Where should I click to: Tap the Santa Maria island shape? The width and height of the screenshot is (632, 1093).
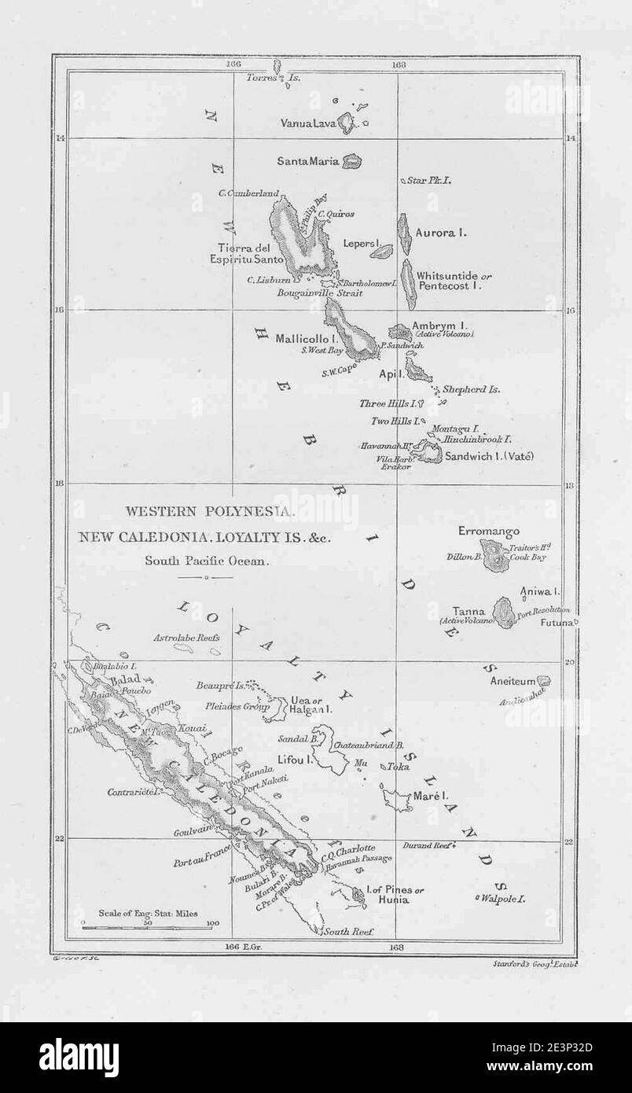[352, 162]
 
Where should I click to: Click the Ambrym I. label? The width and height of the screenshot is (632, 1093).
[443, 324]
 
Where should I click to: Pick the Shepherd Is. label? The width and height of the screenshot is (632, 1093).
[472, 389]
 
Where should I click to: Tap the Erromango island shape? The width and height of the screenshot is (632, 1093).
[495, 561]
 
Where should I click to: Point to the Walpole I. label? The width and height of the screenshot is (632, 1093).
[505, 897]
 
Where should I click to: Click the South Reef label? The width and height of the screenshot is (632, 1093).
[347, 932]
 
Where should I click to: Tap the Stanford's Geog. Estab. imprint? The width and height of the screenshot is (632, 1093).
[538, 962]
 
